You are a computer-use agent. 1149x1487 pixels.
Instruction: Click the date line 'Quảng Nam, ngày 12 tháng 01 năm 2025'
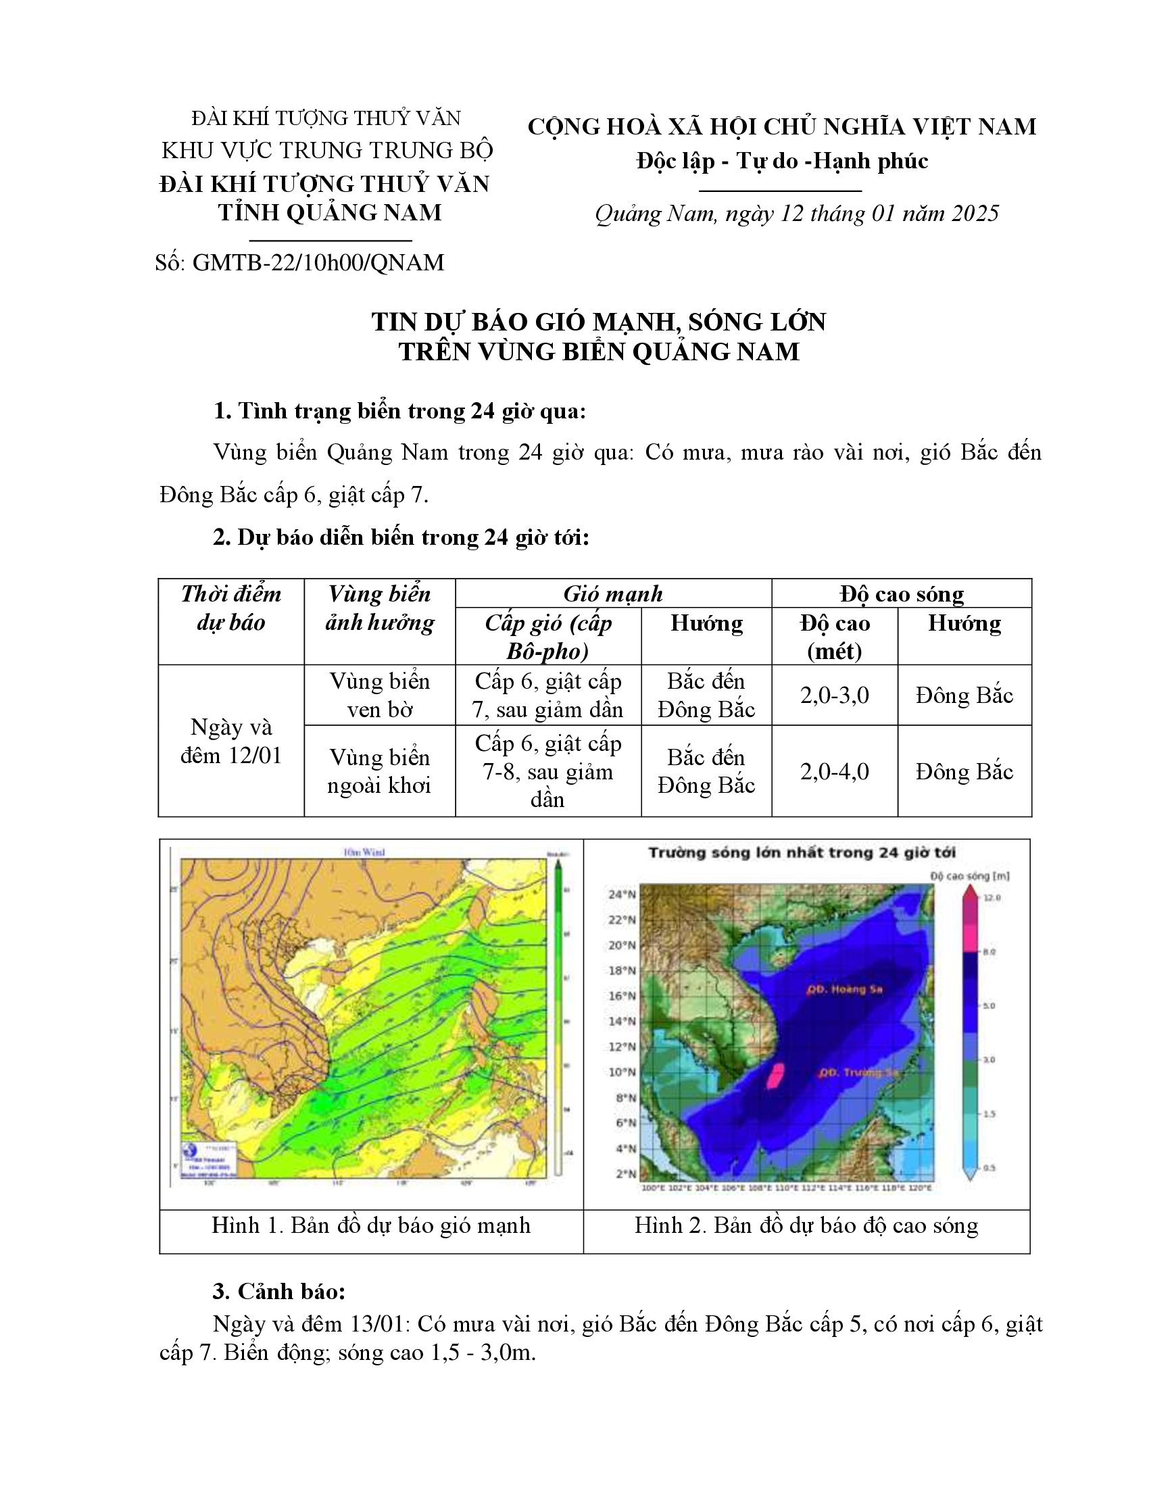pos(796,214)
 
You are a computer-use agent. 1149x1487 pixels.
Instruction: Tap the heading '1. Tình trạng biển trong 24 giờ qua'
pos(399,411)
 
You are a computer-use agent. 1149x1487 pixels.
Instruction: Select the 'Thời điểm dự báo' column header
pos(230,608)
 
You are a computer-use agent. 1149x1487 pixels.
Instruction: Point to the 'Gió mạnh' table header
pos(612,593)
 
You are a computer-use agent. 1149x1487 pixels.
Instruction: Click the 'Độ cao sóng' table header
pos(901,593)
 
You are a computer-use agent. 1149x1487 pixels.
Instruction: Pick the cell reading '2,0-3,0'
pos(835,695)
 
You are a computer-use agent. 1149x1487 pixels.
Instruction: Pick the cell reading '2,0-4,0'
pos(835,771)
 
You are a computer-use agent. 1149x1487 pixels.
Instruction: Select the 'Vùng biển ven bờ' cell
pos(380,695)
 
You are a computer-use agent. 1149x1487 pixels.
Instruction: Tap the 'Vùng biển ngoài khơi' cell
pos(380,771)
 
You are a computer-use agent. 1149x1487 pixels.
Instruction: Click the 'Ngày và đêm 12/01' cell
pos(230,741)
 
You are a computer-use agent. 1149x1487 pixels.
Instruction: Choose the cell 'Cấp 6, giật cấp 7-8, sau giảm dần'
pos(548,771)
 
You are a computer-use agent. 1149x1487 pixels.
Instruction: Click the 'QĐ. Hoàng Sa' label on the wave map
pos(844,990)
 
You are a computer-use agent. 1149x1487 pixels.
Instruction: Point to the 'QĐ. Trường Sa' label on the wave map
pos(858,1073)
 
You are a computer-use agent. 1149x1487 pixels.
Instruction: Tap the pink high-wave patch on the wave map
pos(774,1076)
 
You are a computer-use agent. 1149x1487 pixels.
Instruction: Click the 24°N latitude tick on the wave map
pos(622,894)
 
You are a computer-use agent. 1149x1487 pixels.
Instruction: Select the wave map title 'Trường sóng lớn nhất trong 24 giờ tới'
pos(802,852)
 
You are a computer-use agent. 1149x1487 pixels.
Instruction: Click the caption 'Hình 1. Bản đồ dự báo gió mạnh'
pos(371,1225)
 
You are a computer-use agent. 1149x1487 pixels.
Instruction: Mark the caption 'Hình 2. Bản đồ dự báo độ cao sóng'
pos(806,1225)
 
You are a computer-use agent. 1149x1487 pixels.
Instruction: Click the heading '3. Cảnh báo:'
pos(279,1292)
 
